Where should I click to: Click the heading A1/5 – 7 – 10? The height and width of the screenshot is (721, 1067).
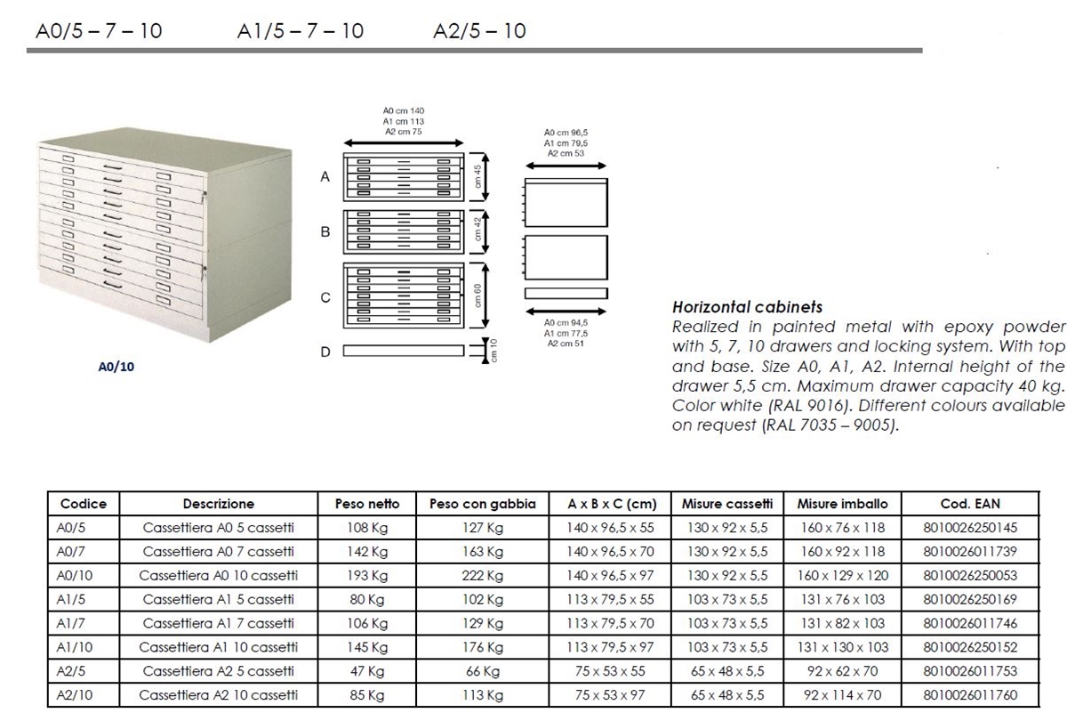click(x=301, y=31)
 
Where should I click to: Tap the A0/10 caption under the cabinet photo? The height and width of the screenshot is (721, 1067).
click(x=116, y=366)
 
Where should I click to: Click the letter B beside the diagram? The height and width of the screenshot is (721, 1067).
click(x=325, y=231)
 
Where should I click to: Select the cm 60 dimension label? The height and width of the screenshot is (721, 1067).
click(x=477, y=296)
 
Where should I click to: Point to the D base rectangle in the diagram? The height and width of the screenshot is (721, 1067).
click(x=404, y=351)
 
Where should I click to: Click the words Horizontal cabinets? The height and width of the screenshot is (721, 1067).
click(x=748, y=306)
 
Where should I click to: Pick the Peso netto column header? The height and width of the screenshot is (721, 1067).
click(x=366, y=504)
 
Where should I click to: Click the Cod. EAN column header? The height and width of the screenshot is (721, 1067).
click(x=970, y=504)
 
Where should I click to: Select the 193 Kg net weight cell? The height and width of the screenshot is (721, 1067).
click(x=366, y=576)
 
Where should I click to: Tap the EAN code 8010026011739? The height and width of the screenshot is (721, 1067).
click(x=970, y=552)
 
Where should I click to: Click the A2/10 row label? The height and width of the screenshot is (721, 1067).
click(x=75, y=695)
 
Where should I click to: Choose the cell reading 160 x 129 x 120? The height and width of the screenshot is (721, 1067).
click(x=843, y=576)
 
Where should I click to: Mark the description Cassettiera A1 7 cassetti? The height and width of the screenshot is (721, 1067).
click(x=218, y=623)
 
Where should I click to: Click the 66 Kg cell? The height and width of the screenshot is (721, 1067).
click(x=483, y=671)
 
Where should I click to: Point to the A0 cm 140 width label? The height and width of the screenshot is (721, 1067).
click(x=404, y=110)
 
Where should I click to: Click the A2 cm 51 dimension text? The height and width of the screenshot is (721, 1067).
click(x=566, y=344)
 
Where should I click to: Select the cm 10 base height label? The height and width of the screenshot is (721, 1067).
click(x=494, y=351)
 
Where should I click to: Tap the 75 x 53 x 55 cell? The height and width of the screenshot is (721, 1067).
click(x=610, y=671)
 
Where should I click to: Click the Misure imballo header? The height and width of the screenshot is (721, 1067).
click(x=843, y=504)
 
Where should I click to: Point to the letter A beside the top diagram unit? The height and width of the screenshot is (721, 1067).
click(x=325, y=177)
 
